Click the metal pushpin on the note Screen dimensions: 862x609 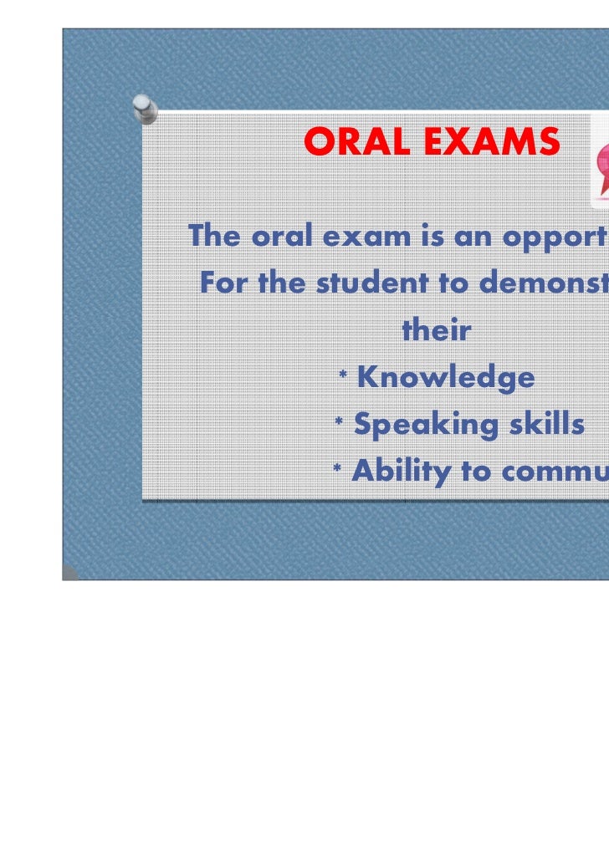click(144, 109)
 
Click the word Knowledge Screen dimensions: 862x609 click(445, 378)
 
